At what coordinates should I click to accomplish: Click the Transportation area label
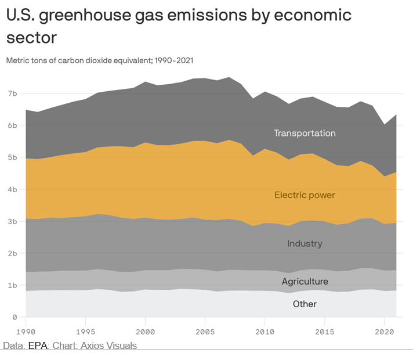pyautogui.click(x=305, y=133)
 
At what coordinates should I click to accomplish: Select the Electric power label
pyautogui.click(x=305, y=195)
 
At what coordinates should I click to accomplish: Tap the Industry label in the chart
pyautogui.click(x=305, y=243)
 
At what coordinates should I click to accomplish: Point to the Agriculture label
pyautogui.click(x=305, y=282)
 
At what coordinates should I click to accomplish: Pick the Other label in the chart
pyautogui.click(x=305, y=304)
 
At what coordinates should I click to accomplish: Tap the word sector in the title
pyautogui.click(x=31, y=38)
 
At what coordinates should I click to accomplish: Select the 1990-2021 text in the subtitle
pyautogui.click(x=172, y=60)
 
